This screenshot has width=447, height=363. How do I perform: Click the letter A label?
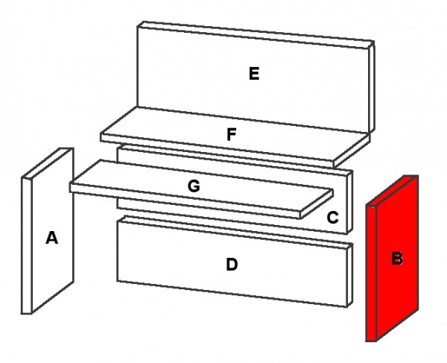(x=51, y=238)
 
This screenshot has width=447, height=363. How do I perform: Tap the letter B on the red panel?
(x=398, y=259)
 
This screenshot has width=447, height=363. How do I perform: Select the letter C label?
(x=333, y=218)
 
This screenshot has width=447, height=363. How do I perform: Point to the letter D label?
(x=232, y=265)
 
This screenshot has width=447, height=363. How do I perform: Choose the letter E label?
(x=254, y=73)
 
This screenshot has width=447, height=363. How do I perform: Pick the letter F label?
(x=232, y=135)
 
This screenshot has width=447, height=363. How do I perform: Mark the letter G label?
(x=194, y=186)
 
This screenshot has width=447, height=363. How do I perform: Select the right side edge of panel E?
(x=371, y=89)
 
